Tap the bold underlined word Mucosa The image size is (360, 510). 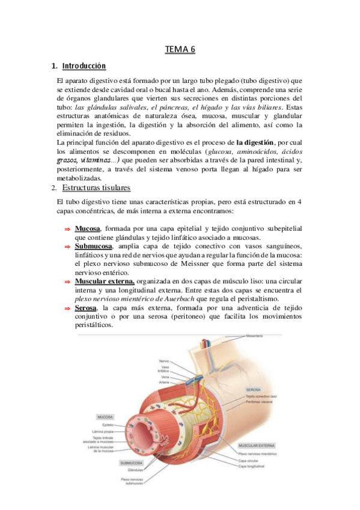tap(87, 229)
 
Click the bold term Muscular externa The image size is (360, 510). tap(105, 281)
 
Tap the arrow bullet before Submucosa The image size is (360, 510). tap(67, 247)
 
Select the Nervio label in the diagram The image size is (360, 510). tap(164, 360)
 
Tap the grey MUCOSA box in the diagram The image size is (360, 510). tap(105, 416)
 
